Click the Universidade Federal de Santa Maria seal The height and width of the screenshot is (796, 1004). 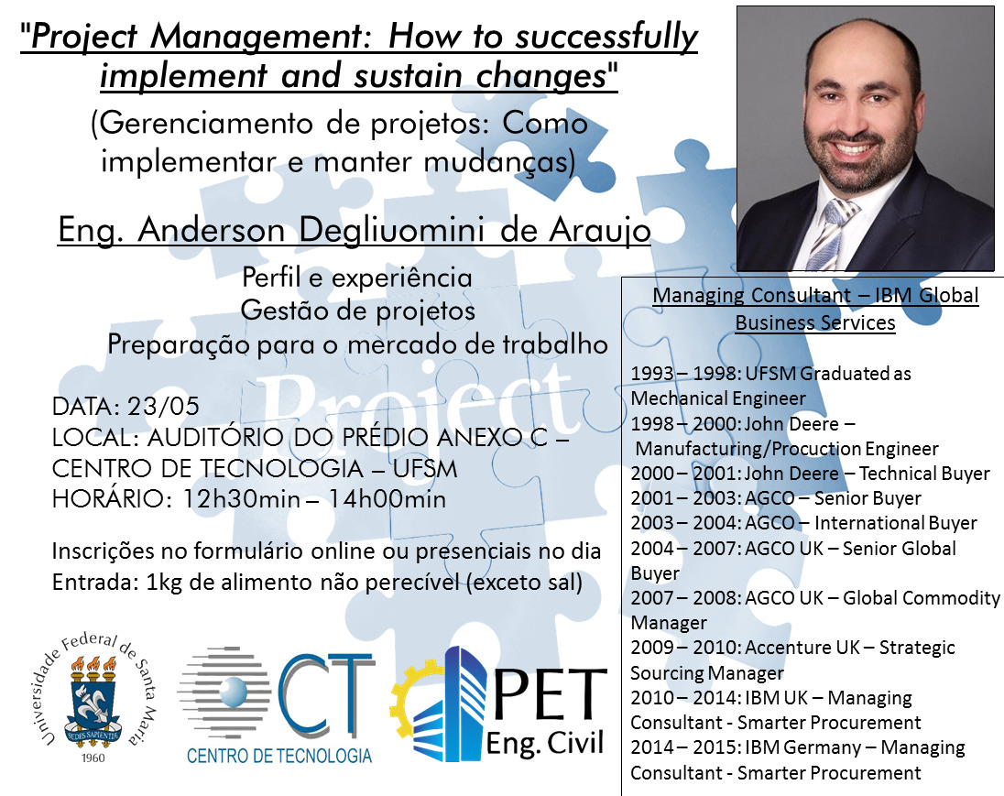(x=93, y=697)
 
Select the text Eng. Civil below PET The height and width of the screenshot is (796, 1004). (x=545, y=744)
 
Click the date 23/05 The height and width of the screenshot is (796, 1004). (x=163, y=406)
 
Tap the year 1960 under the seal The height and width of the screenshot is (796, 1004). (x=93, y=758)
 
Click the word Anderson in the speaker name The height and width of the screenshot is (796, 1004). (x=212, y=230)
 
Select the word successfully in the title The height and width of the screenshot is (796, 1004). (x=606, y=37)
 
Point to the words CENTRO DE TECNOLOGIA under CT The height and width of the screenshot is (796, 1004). (x=279, y=756)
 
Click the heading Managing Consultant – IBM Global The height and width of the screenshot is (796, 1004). (x=815, y=295)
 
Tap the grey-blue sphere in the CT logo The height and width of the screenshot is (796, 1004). (x=233, y=693)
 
